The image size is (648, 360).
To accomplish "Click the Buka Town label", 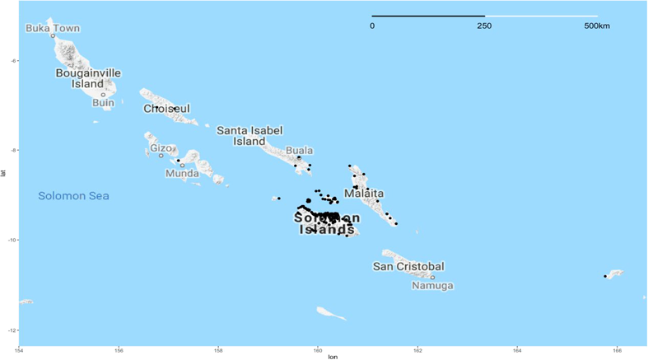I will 53,28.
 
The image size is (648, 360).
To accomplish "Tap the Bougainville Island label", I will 87,78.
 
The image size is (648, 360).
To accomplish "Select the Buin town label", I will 103,103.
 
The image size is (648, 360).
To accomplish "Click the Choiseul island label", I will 166,109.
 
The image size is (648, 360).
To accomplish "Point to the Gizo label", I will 161,148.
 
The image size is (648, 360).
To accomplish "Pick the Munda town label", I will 182,174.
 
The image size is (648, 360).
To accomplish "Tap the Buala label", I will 299,151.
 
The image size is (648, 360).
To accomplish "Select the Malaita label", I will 361,193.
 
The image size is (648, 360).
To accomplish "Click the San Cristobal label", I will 408,266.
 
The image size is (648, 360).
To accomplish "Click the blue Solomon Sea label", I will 74,196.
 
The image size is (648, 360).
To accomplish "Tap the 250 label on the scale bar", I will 484,26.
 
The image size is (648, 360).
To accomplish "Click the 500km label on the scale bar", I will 597,26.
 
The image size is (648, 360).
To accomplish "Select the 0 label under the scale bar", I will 372,26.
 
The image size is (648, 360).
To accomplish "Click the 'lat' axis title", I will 4,173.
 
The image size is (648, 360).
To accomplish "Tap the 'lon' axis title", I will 333,357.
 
